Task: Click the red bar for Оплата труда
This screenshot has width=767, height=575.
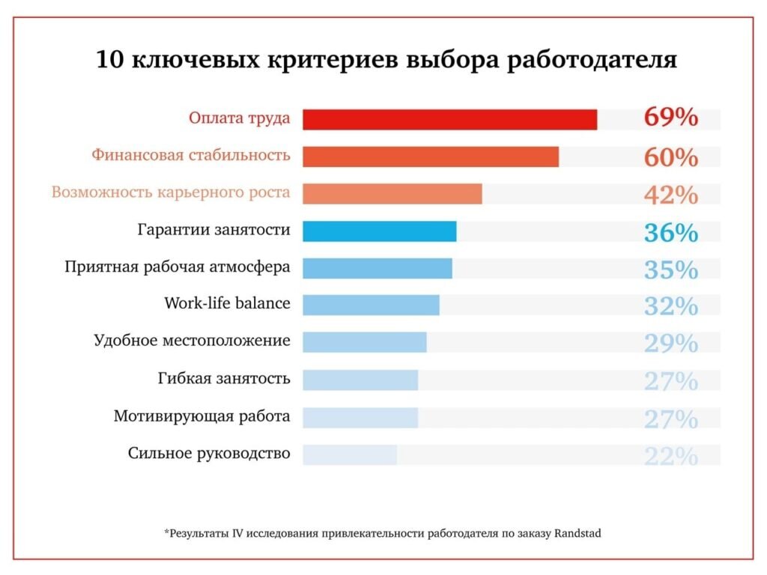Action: tap(449, 120)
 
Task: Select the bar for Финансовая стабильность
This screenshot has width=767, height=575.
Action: tap(431, 156)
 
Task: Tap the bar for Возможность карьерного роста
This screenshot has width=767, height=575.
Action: tap(392, 194)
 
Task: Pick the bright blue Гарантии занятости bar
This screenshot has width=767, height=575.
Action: tap(379, 231)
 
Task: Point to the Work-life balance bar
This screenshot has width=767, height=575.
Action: tap(371, 305)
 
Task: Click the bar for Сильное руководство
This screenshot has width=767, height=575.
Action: tap(350, 454)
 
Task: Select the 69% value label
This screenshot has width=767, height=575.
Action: tap(670, 118)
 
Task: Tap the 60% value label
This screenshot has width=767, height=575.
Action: tap(670, 157)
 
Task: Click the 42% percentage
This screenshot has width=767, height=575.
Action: tap(670, 195)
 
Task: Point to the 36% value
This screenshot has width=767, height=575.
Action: tap(670, 232)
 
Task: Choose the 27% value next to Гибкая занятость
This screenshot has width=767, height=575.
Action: tap(670, 380)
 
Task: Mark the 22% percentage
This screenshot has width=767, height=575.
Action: tap(670, 455)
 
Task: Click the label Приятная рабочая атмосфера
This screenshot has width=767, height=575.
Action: tap(178, 267)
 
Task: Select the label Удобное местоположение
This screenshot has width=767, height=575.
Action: tap(192, 341)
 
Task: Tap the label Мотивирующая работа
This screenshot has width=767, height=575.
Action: tap(201, 416)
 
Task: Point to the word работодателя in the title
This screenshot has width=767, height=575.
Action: tap(592, 60)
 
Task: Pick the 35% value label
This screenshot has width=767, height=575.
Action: tap(670, 270)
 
